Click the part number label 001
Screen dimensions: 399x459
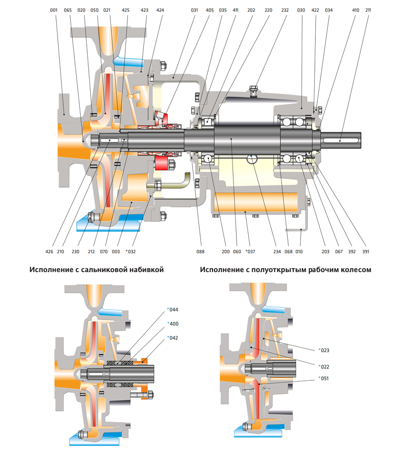[54, 10]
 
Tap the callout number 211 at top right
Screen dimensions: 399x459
[368, 10]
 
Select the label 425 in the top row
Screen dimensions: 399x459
[126, 10]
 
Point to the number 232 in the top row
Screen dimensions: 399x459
[285, 10]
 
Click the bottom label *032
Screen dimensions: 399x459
[130, 252]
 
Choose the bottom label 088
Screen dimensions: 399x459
[200, 252]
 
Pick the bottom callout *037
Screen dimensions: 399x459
[250, 252]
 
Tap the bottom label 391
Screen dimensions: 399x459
[365, 252]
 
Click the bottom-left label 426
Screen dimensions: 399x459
[49, 252]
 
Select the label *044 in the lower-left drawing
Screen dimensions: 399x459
[172, 310]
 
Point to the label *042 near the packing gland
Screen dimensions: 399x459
[172, 338]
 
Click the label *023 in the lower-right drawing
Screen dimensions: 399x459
[324, 350]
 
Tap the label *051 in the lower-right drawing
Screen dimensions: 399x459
[324, 378]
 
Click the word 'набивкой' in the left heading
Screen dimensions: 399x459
[146, 270]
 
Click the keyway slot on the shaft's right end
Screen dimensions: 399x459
[341, 140]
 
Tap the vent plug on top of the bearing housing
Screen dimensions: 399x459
[253, 90]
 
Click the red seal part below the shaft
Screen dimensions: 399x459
[161, 163]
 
